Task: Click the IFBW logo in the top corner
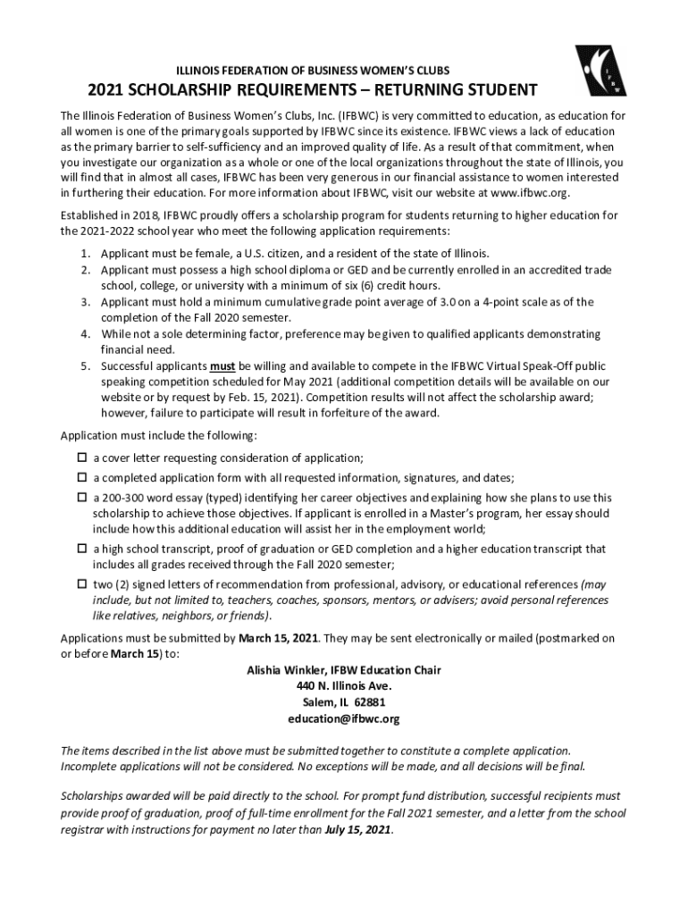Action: [x=600, y=69]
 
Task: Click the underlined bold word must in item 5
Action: [x=222, y=366]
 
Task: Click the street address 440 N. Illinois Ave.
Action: [x=343, y=686]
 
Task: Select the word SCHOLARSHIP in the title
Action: [x=196, y=91]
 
